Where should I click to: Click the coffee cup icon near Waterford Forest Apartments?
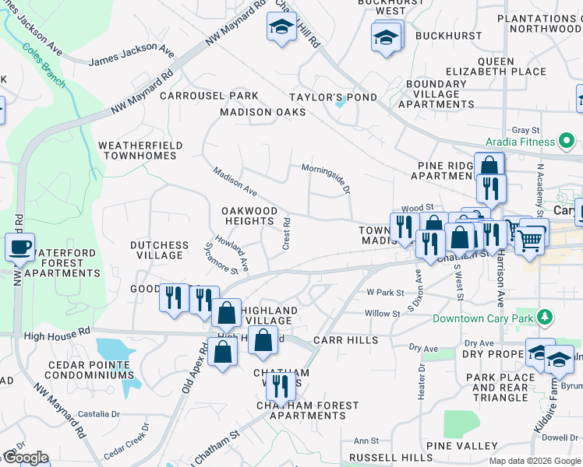click(19, 248)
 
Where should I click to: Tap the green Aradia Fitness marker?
click(567, 141)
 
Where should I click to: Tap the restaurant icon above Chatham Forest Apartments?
click(280, 384)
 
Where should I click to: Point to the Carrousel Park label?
click(198, 96)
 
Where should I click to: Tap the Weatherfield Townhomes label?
click(140, 150)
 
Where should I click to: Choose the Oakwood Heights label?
click(249, 216)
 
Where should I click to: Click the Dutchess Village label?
click(159, 250)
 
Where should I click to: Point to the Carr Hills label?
click(345, 341)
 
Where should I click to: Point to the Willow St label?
click(382, 313)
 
